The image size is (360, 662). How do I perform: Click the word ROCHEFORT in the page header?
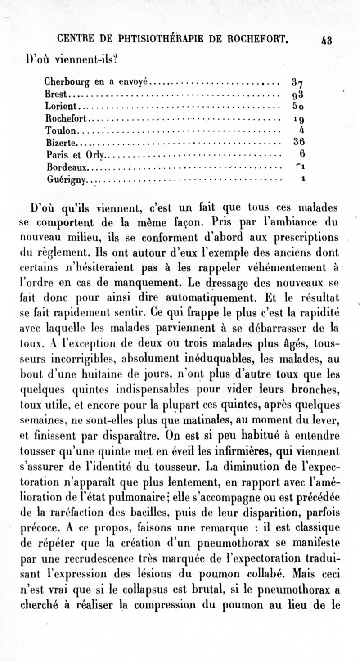coord(258,39)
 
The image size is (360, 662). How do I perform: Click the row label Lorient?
coord(62,107)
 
